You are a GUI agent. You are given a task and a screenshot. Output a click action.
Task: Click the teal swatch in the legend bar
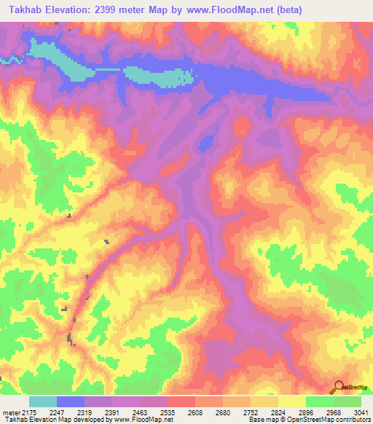43,401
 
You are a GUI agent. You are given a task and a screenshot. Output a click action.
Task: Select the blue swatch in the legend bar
71,401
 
